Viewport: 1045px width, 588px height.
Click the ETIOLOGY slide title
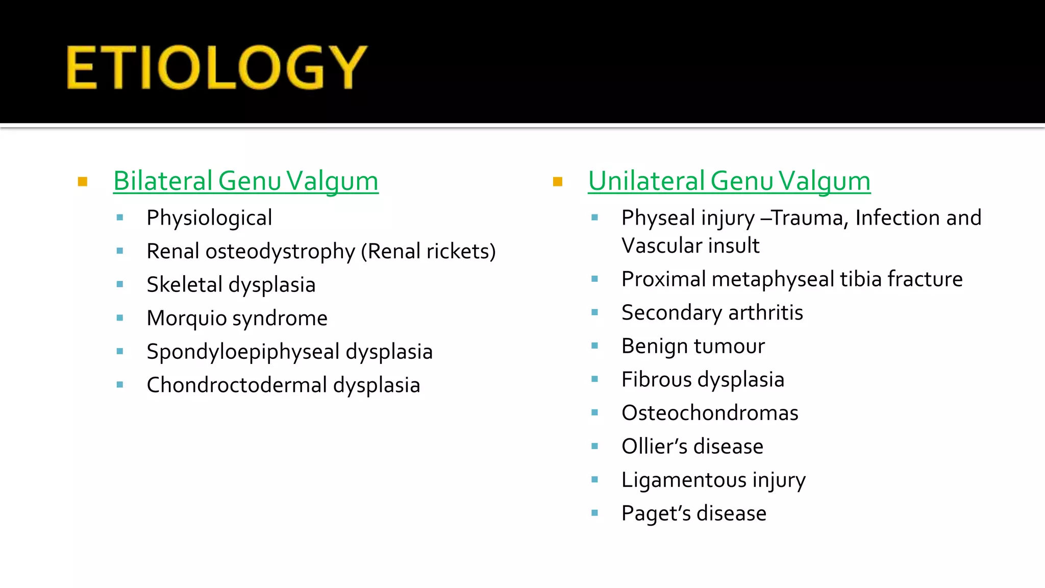click(x=216, y=67)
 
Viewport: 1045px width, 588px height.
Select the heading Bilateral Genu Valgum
click(x=245, y=181)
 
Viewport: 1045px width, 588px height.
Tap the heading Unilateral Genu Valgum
click(x=729, y=181)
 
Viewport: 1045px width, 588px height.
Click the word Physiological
click(x=209, y=218)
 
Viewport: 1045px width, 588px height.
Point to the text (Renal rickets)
click(x=428, y=252)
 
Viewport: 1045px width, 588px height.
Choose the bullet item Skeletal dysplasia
click(x=231, y=285)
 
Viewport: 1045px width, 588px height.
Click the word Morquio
click(x=186, y=318)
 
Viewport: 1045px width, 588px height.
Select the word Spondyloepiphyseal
click(x=243, y=352)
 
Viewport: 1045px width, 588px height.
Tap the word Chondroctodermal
click(x=236, y=385)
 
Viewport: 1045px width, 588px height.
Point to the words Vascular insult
click(x=690, y=246)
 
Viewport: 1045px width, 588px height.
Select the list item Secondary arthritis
click(x=712, y=313)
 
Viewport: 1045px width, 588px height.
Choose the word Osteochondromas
click(x=710, y=413)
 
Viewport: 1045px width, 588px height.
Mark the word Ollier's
click(x=655, y=447)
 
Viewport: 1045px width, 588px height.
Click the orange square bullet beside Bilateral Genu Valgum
click(x=83, y=182)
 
